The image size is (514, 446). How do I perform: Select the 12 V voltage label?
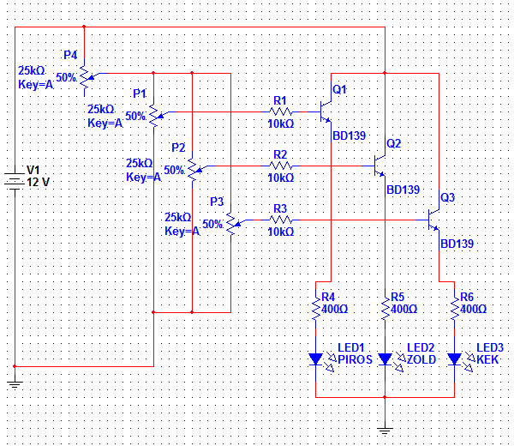pos(39,182)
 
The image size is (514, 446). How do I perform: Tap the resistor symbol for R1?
pos(280,111)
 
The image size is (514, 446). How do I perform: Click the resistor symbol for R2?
pos(280,166)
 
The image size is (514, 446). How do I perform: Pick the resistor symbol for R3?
pos(280,220)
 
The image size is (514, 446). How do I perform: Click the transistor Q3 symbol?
pos(434,220)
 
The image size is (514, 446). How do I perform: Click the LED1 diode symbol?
pos(315,358)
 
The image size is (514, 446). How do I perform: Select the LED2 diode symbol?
pos(385,358)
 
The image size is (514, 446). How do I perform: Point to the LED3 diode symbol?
pos(454,358)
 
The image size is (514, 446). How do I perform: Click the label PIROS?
pos(355,360)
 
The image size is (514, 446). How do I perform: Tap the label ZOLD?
pos(422,360)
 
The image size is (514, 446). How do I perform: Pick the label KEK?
pos(488,360)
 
